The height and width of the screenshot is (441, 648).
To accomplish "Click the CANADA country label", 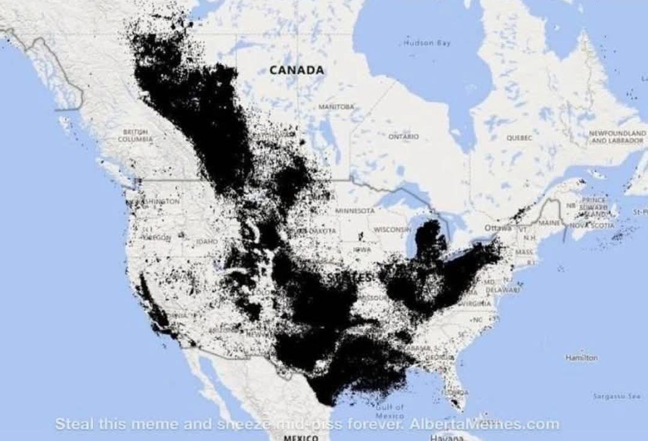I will click(x=296, y=70).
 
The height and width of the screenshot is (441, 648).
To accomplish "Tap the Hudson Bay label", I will click(x=427, y=43).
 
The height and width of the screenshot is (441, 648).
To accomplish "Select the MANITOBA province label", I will click(x=337, y=106).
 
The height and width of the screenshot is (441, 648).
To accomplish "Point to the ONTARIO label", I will click(x=403, y=137).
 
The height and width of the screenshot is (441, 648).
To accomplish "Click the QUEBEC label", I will click(x=520, y=137).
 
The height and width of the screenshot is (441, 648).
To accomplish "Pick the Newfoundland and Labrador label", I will click(x=617, y=136).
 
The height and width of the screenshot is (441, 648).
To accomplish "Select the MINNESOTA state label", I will click(x=355, y=211).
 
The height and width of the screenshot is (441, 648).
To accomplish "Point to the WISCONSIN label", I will click(x=392, y=230).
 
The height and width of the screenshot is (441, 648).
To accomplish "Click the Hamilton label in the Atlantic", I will click(x=581, y=358).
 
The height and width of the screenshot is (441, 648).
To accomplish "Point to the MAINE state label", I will click(x=548, y=223).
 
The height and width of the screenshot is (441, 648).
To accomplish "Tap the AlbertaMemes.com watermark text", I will click(x=484, y=424).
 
